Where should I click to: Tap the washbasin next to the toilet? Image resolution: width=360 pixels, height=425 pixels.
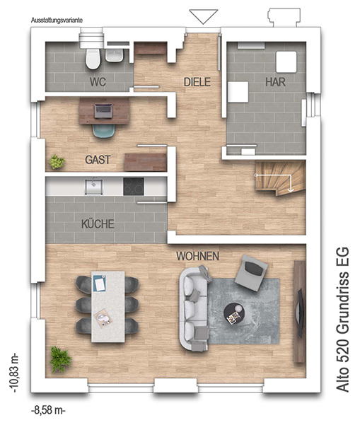115,55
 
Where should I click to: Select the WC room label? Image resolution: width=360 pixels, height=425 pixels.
98,81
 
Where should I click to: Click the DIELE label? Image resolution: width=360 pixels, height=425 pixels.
197,82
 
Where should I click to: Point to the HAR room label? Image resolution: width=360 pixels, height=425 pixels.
275,82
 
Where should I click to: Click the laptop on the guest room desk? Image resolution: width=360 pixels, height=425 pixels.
103,111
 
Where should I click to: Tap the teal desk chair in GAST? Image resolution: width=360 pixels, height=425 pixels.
103,131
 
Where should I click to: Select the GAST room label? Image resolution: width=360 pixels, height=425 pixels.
98,160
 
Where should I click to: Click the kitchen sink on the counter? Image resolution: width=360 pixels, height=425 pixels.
94,186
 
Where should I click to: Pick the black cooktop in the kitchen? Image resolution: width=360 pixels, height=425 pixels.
134,187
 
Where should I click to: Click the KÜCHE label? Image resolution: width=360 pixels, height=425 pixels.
98,224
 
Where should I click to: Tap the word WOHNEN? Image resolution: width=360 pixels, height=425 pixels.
197,256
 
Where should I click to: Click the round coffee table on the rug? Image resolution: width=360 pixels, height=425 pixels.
234,314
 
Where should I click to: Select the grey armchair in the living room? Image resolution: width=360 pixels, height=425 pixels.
251,272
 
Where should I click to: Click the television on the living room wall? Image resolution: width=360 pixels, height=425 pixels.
301,313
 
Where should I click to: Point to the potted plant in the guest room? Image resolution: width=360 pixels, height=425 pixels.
57,162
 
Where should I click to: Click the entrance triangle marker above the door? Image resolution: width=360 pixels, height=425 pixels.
203,17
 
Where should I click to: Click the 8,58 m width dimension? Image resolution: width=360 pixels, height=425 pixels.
49,410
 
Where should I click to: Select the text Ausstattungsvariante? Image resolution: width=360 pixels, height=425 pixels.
57,21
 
